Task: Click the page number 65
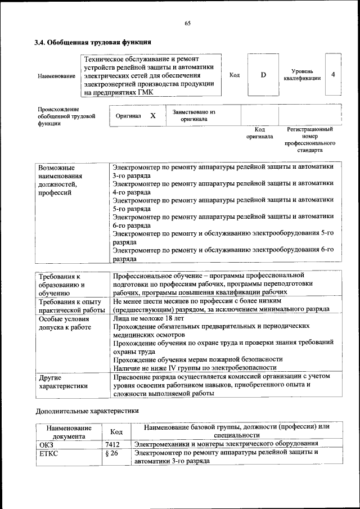click(x=188, y=23)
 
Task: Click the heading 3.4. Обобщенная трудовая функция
click(x=92, y=42)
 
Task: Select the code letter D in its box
click(x=263, y=75)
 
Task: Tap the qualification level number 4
click(x=334, y=75)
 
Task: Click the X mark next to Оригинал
click(x=152, y=115)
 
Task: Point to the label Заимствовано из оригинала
click(x=194, y=115)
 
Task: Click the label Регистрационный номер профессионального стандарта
click(x=309, y=140)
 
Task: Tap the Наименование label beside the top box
click(x=56, y=76)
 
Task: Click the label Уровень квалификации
click(x=306, y=75)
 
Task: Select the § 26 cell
click(x=112, y=453)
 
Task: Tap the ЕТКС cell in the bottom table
click(x=48, y=453)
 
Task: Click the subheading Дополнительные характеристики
click(x=87, y=411)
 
